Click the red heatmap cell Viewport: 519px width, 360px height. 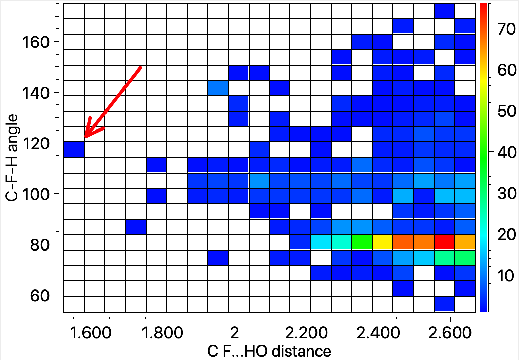coord(444,242)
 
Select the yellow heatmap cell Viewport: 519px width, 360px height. coord(383,242)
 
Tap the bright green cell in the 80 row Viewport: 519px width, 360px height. coord(362,242)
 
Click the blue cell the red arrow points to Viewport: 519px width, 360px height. coord(74,149)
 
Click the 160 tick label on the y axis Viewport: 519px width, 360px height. coord(36,42)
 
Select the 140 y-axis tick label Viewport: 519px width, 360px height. coord(36,93)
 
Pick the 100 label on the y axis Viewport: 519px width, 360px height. coord(36,195)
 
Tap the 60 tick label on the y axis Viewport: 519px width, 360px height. coord(40,296)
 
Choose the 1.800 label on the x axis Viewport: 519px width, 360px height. coord(162,333)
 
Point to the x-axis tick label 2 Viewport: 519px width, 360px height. coord(235,333)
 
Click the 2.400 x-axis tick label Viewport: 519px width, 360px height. coord(378,333)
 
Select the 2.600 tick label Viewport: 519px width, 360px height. coord(450,333)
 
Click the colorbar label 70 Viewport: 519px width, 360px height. coord(507,29)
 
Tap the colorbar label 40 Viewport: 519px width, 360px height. coord(507,153)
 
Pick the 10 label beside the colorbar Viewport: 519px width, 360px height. coord(507,276)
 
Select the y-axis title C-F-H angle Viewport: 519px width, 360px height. coord(12,158)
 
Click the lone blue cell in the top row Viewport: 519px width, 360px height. coord(444,11)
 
